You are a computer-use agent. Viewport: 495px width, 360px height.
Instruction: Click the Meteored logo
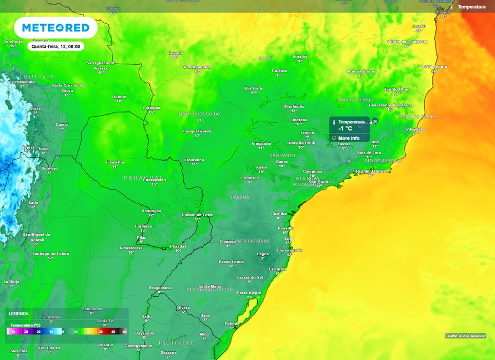55,28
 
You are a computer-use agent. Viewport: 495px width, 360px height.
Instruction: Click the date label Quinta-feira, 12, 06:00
56,46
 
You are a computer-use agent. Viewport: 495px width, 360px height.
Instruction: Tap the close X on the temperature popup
375,121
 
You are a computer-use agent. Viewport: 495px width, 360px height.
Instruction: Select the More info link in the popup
349,138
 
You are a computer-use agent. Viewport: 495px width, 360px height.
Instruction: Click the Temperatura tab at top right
471,7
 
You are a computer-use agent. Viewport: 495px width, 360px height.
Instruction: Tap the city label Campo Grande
198,131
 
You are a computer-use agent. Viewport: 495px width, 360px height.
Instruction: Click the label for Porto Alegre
249,293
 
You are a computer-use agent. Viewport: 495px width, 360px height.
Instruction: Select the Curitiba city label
279,213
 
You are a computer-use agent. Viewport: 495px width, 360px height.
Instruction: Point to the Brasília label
300,56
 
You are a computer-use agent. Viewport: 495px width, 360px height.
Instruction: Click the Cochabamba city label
22,82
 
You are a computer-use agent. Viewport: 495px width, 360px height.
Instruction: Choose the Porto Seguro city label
434,66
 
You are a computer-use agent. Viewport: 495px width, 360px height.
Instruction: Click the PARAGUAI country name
143,178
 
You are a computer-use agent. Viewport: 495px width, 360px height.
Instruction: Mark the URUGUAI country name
175,342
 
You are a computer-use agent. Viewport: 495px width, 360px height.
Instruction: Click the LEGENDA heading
19,313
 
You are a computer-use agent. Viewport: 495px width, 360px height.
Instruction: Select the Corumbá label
151,108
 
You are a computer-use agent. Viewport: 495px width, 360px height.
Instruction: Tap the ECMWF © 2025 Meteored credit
465,335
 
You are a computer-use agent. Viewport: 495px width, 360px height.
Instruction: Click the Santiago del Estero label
51,254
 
